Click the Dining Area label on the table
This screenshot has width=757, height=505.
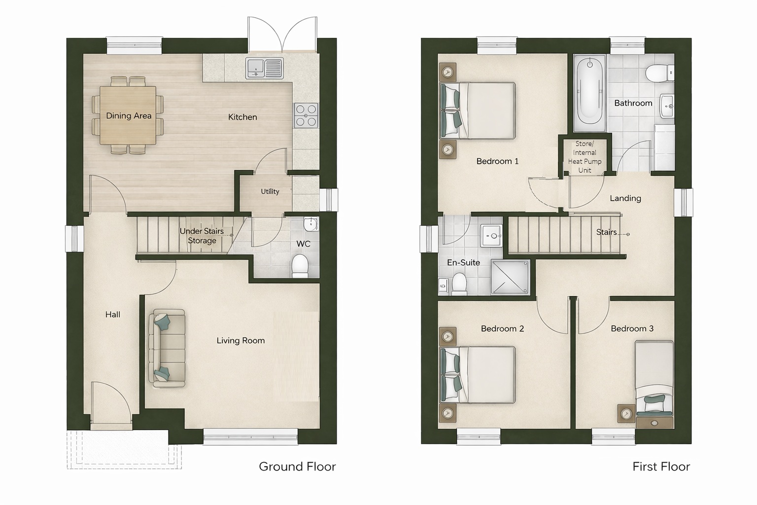click(129, 116)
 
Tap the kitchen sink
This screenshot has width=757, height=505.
click(264, 68)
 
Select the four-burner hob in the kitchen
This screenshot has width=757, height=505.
click(306, 115)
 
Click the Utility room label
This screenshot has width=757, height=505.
click(270, 191)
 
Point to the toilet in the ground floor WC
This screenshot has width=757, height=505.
click(300, 265)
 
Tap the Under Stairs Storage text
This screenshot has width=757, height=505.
click(202, 236)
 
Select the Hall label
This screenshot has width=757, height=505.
click(112, 315)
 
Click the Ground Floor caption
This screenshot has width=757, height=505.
click(297, 467)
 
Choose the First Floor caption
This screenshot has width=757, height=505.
click(661, 467)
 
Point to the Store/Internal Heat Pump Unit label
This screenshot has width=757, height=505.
click(585, 157)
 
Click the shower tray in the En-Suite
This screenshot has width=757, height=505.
click(510, 277)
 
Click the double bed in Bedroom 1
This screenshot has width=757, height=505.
click(478, 110)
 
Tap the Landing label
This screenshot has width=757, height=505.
click(625, 198)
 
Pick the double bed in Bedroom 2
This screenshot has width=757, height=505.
click(478, 375)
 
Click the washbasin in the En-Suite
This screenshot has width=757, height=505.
click(492, 235)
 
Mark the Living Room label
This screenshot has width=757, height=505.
click(241, 341)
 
